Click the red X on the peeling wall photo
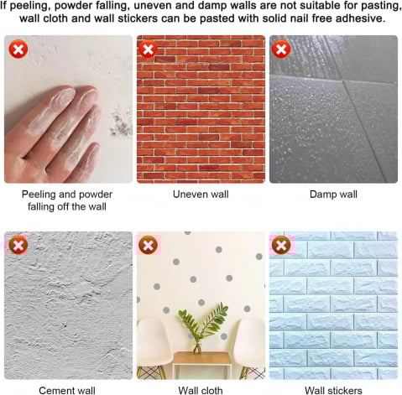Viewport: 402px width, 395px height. coord(18,49)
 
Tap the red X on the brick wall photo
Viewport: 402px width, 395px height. coord(148,49)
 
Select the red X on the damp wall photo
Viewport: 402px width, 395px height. coord(281,49)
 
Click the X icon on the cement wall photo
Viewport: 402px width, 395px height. coord(18,245)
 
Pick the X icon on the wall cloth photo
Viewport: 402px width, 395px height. coord(148,245)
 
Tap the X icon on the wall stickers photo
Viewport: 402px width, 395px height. coord(281,245)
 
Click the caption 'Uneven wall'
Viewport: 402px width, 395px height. coord(201,195)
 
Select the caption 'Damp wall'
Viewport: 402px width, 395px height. coord(333,195)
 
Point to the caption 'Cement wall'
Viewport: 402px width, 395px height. coord(67,390)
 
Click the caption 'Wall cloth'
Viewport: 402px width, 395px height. coord(201,390)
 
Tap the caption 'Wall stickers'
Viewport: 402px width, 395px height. coord(333,390)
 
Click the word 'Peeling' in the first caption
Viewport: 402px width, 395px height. coord(38,195)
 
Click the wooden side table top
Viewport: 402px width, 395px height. coord(201,358)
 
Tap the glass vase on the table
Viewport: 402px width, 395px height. coord(197,346)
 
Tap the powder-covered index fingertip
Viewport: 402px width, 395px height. coord(63,95)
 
